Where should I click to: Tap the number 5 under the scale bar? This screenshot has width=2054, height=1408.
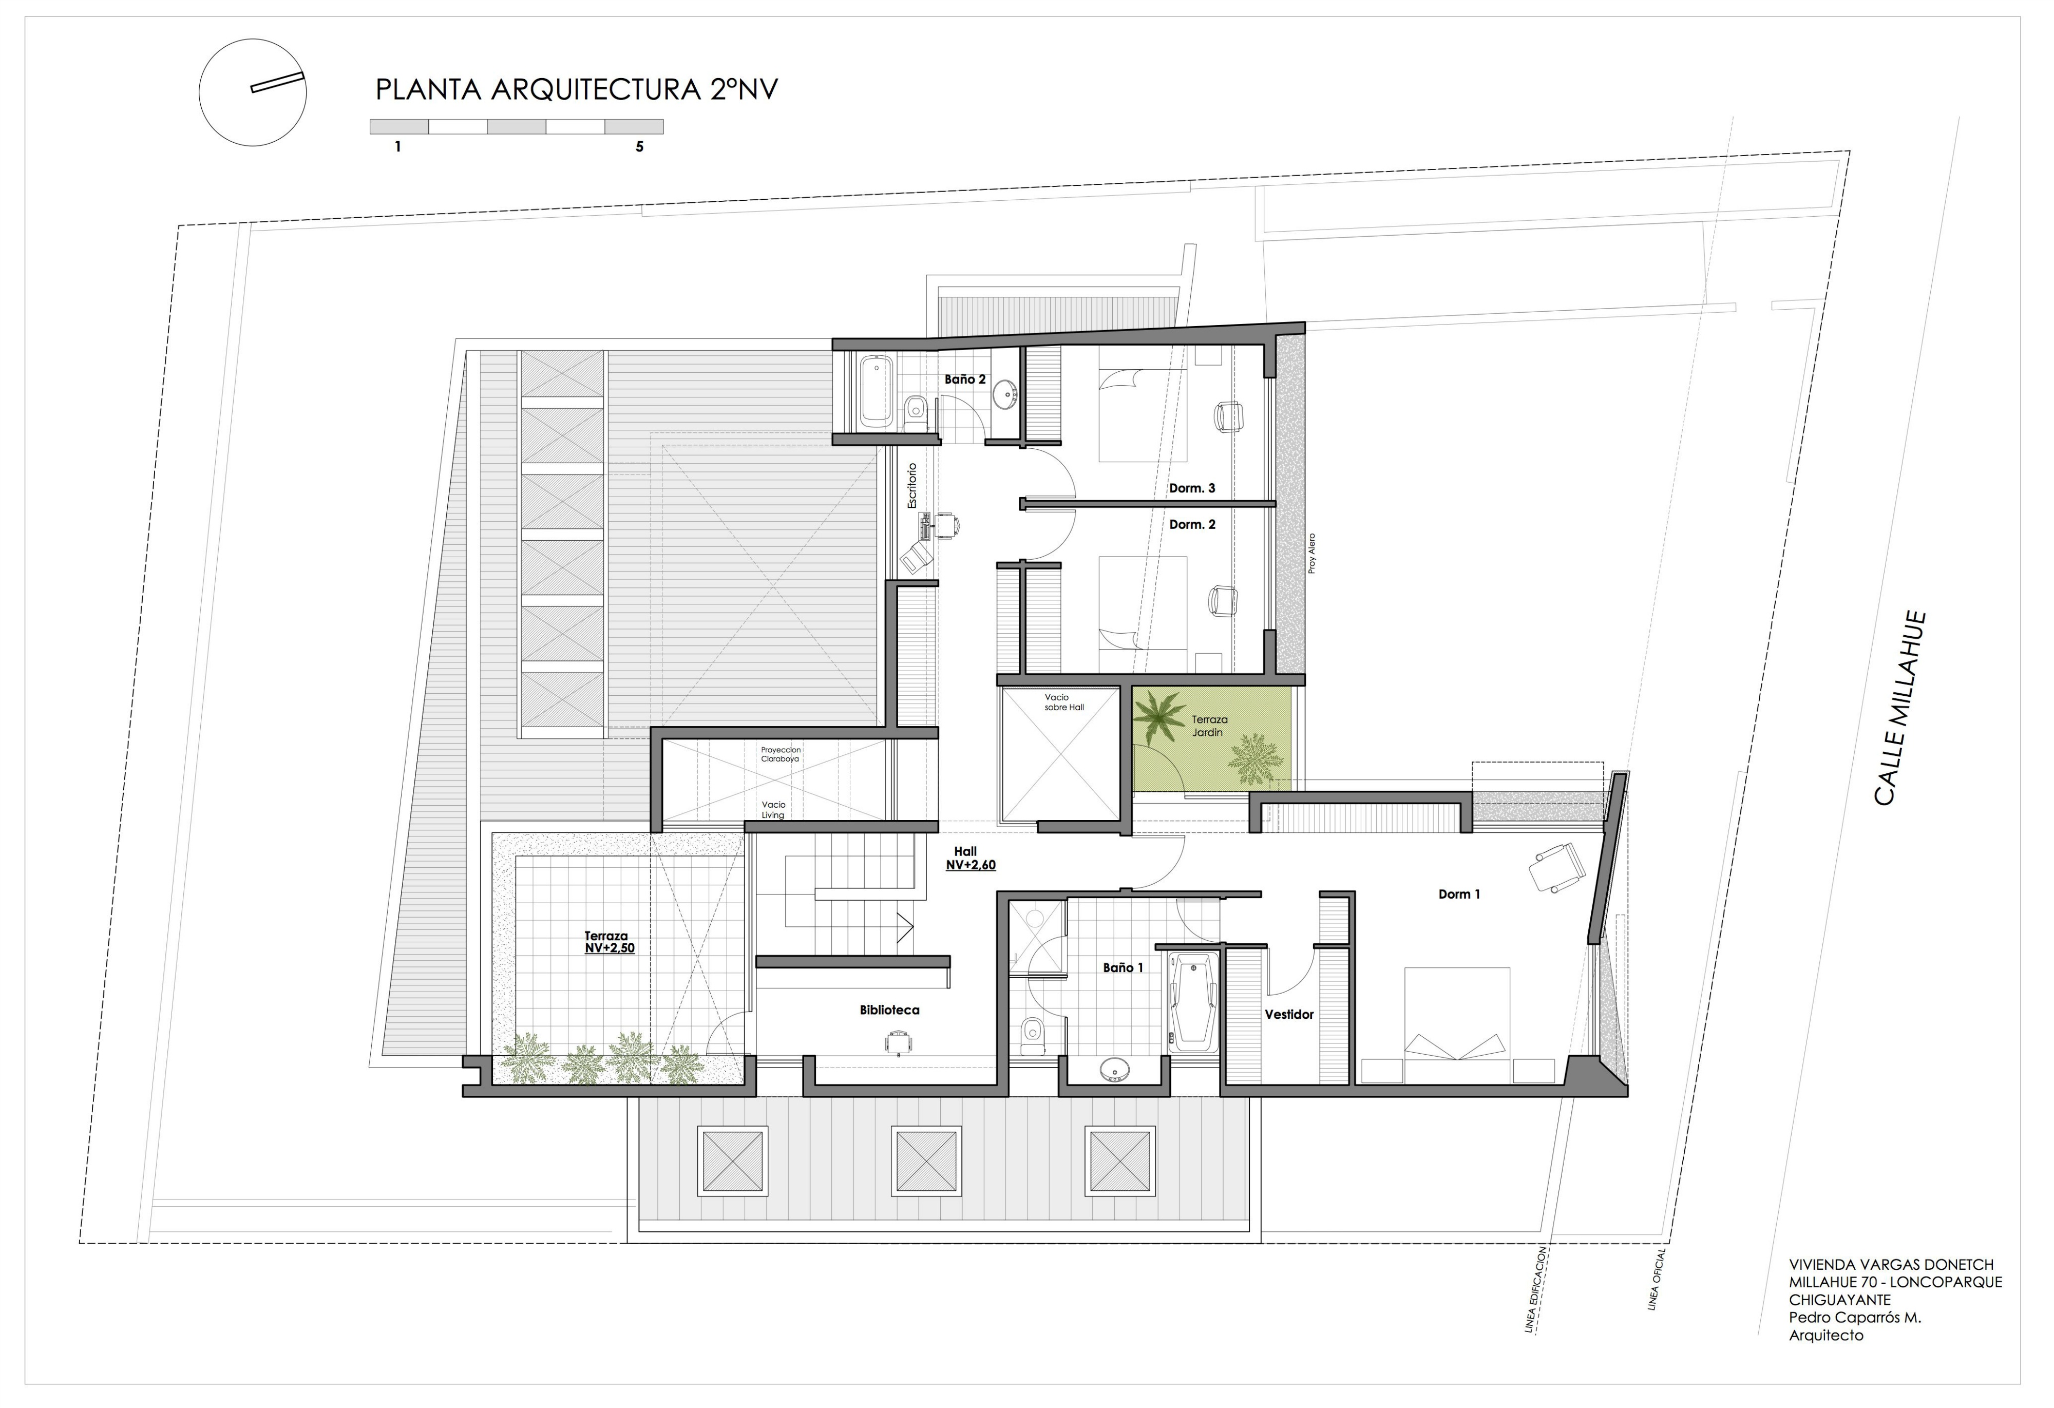click(639, 147)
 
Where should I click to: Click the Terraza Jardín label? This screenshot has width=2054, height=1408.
click(1208, 726)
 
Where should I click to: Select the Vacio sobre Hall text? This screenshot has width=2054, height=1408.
click(1063, 702)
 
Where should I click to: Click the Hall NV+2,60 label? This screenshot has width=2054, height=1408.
click(969, 858)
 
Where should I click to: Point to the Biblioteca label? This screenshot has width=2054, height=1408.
click(889, 1010)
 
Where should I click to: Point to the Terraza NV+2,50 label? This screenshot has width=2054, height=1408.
click(608, 941)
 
